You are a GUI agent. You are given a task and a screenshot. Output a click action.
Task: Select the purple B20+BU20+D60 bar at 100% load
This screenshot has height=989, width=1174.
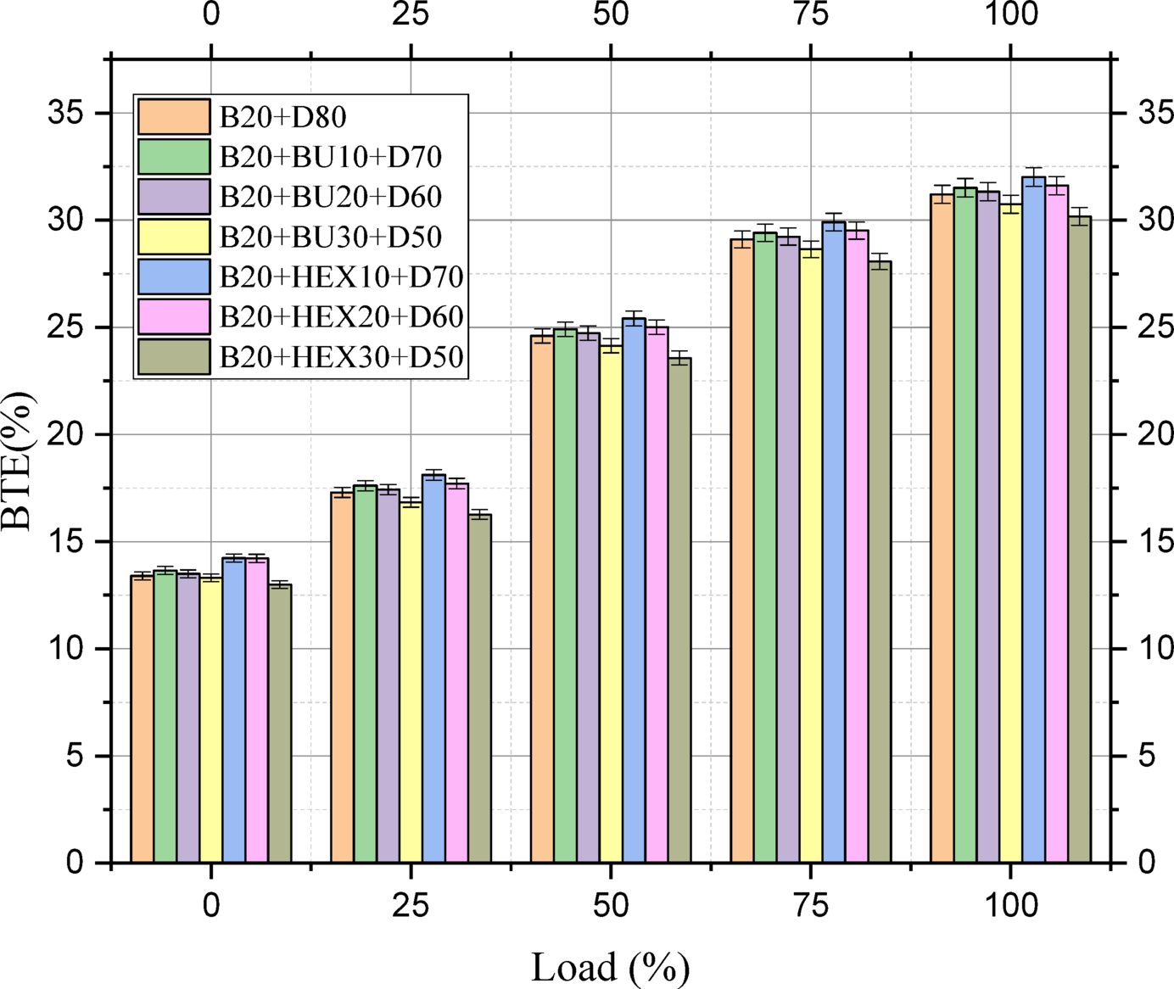(x=987, y=527)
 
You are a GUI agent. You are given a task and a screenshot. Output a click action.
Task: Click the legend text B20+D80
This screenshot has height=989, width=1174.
(x=282, y=117)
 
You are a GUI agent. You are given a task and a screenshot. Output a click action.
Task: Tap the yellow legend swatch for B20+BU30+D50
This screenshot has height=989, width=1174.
(x=174, y=237)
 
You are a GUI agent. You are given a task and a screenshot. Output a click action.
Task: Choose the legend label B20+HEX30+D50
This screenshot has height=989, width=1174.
(x=341, y=357)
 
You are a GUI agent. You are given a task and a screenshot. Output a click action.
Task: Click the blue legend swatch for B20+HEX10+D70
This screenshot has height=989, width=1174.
(x=174, y=277)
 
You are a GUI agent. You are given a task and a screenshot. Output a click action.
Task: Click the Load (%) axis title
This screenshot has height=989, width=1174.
(x=610, y=968)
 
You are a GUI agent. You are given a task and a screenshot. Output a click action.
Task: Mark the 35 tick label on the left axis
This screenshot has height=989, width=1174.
(x=66, y=113)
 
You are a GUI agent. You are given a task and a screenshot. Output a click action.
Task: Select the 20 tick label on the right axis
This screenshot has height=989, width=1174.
(x=1155, y=434)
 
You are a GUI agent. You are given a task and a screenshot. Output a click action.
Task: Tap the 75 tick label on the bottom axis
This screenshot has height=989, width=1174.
(x=811, y=906)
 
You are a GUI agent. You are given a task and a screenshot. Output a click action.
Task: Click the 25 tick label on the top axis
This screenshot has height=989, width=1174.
(x=411, y=14)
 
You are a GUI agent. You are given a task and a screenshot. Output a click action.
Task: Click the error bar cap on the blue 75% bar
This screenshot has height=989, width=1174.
(x=834, y=214)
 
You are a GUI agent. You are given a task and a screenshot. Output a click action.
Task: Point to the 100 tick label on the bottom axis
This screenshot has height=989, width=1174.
(x=1011, y=906)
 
